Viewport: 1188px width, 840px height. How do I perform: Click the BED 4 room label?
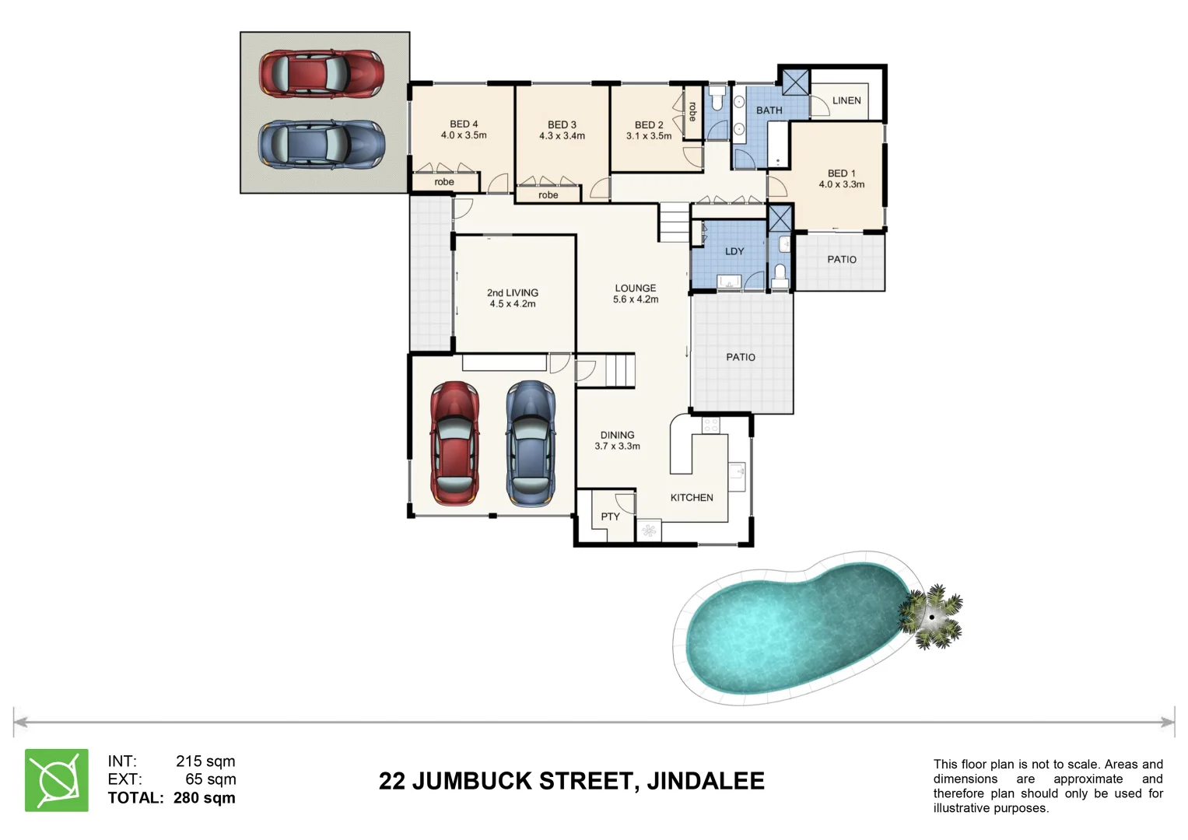tap(464, 124)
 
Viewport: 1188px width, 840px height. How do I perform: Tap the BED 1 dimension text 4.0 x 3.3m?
tap(841, 185)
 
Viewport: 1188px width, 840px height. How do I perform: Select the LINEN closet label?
tap(846, 100)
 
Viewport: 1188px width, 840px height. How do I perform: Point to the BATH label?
tap(769, 110)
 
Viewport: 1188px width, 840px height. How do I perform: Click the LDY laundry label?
tap(734, 251)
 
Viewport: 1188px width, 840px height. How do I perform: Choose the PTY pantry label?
tap(610, 516)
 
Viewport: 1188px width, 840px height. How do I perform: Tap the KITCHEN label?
tap(692, 498)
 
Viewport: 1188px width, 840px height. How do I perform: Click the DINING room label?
tap(617, 436)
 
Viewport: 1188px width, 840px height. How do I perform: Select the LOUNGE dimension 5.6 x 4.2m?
tap(636, 299)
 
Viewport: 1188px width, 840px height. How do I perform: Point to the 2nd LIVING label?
tap(513, 292)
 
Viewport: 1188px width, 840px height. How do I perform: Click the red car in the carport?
tap(321, 74)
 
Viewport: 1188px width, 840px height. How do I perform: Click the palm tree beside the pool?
tap(931, 617)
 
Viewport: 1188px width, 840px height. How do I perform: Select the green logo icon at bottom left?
tap(57, 780)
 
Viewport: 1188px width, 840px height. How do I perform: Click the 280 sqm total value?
tap(204, 798)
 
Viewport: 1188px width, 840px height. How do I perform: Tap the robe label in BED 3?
tap(548, 195)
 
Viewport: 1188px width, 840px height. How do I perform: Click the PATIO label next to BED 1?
tap(841, 260)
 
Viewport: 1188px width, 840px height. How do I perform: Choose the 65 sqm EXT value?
tap(210, 779)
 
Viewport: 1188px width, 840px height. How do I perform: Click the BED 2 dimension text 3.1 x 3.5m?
tap(649, 136)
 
